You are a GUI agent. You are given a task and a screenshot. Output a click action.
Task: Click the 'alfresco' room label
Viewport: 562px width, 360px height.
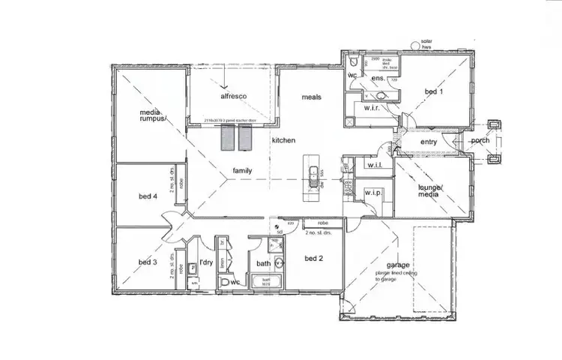point(234,97)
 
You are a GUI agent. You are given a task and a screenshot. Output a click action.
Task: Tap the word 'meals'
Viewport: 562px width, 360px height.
point(312,97)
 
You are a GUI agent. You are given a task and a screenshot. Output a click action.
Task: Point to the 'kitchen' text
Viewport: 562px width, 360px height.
point(284,140)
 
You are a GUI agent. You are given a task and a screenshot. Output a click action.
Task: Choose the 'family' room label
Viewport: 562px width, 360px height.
point(241,170)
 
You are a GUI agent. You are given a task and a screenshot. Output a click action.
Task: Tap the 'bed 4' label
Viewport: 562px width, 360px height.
point(148,196)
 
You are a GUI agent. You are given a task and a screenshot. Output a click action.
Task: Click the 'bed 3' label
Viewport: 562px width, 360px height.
point(148,262)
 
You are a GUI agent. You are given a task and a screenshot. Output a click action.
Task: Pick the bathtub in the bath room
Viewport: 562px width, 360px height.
point(263,283)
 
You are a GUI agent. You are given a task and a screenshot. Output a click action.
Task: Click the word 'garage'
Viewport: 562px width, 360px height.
point(397,265)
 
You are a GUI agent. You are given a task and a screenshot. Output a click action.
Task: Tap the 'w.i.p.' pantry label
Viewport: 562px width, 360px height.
point(374,193)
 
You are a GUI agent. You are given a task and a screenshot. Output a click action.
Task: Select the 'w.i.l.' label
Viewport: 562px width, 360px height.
point(375,165)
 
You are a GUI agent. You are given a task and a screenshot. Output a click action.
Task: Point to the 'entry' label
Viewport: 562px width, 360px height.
point(429,142)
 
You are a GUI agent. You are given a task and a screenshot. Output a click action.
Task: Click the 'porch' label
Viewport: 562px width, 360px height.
point(480,141)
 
